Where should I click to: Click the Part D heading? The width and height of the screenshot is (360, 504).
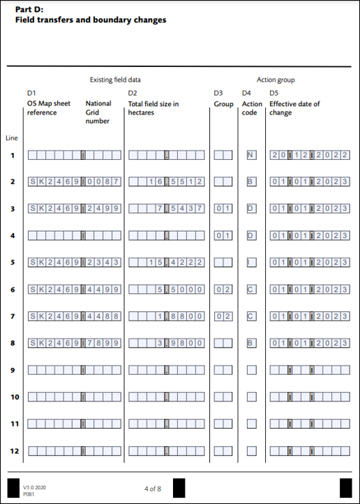coord(91,15)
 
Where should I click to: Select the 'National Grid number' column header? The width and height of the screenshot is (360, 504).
coord(98,112)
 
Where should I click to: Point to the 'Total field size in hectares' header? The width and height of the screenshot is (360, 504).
coord(153,108)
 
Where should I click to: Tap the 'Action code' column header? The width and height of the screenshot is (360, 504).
coord(252,108)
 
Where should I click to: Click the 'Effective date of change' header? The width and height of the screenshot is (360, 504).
coord(294,108)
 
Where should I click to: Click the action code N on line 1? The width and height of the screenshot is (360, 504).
coord(251,155)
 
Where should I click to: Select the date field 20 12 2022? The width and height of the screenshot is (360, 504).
coord(310,155)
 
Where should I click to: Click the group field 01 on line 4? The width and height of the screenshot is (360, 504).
coord(223,235)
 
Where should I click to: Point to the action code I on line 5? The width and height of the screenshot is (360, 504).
coord(251,262)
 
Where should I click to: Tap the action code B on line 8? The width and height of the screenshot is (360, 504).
coord(251,343)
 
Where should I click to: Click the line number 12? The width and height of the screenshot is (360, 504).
coord(13,451)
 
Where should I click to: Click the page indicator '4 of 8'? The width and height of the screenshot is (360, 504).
coord(153,487)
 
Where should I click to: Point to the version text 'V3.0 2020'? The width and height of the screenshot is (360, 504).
coord(33,486)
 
